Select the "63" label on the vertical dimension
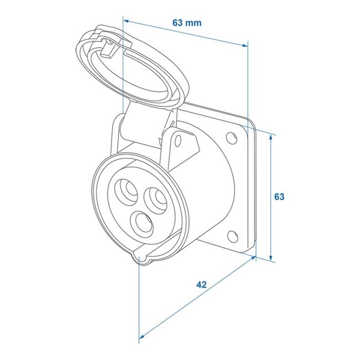pyautogui.click(x=279, y=197)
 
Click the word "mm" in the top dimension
pyautogui.click(x=193, y=23)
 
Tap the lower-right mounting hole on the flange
pyautogui.click(x=234, y=236)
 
